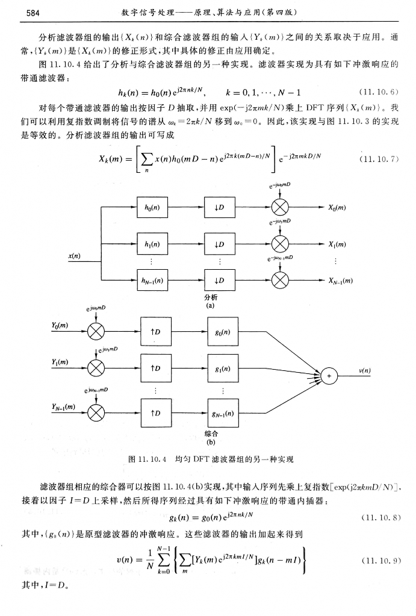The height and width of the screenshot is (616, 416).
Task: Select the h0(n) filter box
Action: point(152,207)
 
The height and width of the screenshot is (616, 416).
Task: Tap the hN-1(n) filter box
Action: point(152,280)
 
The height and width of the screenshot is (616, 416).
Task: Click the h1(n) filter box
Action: point(152,244)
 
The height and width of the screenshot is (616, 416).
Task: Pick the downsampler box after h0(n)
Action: point(220,207)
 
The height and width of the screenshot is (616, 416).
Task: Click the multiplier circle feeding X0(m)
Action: point(281,207)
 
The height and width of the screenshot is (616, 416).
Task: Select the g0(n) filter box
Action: point(223,331)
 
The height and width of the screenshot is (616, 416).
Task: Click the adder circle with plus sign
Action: point(329,375)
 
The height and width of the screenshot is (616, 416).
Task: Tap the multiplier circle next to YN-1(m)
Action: point(96,412)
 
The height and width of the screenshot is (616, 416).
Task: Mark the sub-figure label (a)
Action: point(211,306)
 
